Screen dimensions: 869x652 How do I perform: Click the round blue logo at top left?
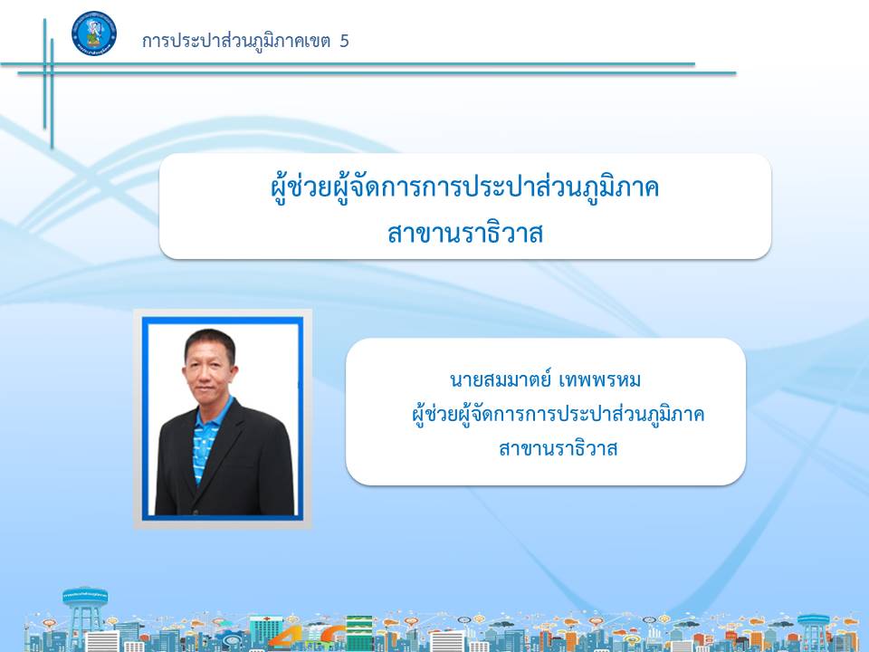point(94,34)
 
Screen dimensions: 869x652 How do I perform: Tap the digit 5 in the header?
point(344,41)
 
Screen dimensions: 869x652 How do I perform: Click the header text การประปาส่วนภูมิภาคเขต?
point(236,41)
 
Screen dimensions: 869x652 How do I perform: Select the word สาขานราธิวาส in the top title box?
point(465,234)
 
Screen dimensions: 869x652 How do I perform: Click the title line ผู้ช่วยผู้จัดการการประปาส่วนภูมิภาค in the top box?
point(465,187)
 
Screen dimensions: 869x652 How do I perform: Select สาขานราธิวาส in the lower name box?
point(559,448)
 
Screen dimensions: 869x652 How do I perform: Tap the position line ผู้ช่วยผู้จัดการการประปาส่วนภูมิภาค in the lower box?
point(559,414)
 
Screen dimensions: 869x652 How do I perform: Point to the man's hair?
point(210,342)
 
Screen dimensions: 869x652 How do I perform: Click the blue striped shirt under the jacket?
point(205,438)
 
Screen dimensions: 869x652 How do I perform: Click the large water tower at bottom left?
point(84,617)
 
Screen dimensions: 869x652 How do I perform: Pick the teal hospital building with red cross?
point(266,631)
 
